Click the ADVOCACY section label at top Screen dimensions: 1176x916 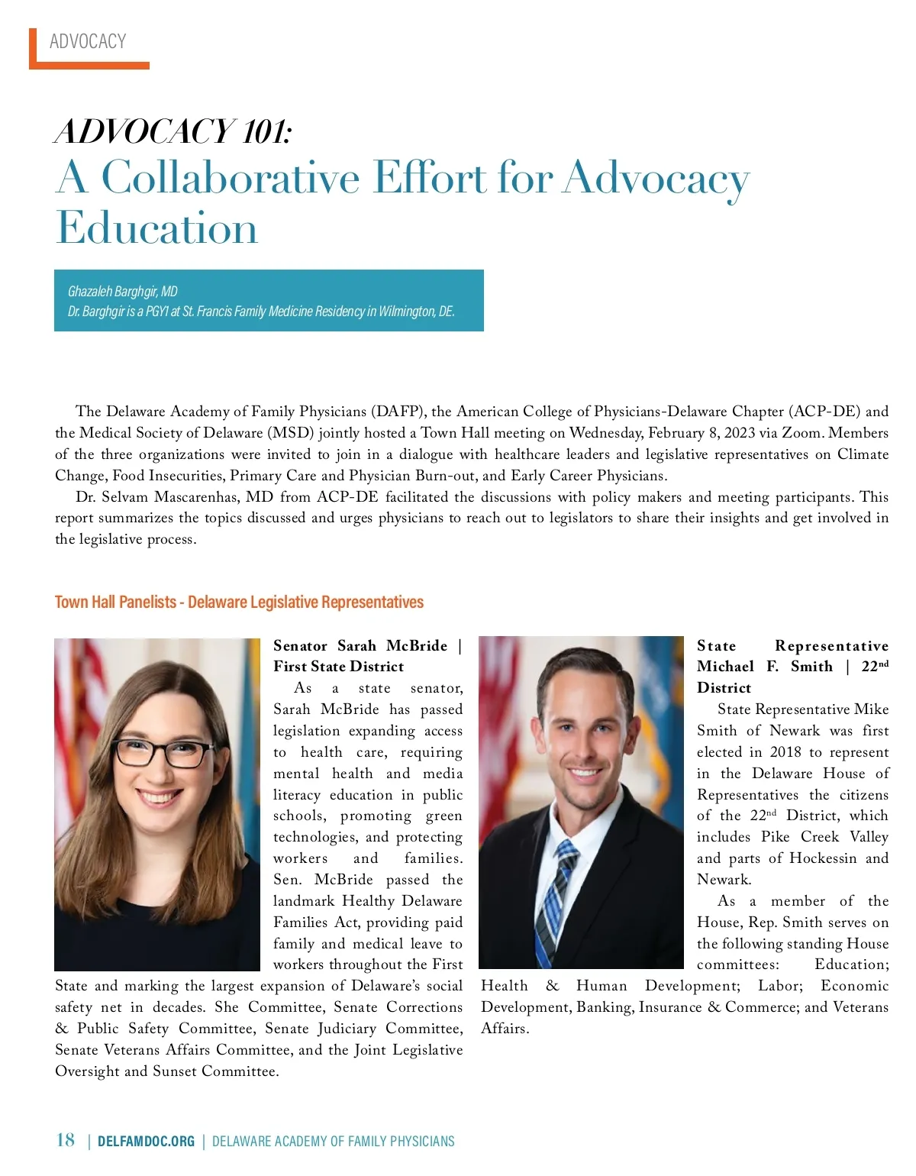88,41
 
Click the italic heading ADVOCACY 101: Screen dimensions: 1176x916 173,131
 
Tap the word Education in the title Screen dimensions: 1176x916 157,228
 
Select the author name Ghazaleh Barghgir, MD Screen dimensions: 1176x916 123,291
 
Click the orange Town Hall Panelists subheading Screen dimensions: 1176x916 239,602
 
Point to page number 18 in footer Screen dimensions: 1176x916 66,1140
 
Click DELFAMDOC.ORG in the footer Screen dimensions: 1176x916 146,1142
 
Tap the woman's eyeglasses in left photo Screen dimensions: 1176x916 163,755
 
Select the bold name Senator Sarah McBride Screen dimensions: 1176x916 360,646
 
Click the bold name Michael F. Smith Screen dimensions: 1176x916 765,667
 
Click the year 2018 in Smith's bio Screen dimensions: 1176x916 785,752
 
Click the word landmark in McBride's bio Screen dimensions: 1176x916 304,901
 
